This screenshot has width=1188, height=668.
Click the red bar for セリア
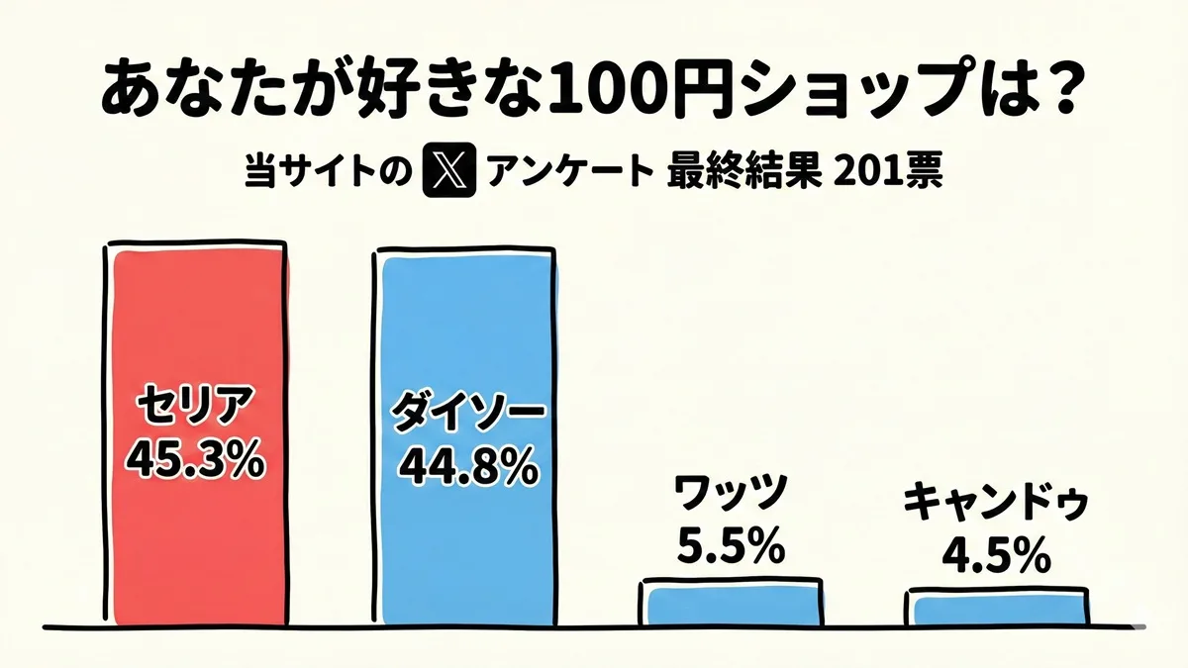[x=196, y=327]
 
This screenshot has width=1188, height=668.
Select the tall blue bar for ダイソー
[x=463, y=327]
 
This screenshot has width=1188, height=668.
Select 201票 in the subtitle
[x=890, y=174]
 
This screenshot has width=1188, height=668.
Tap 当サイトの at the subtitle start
[x=328, y=174]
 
